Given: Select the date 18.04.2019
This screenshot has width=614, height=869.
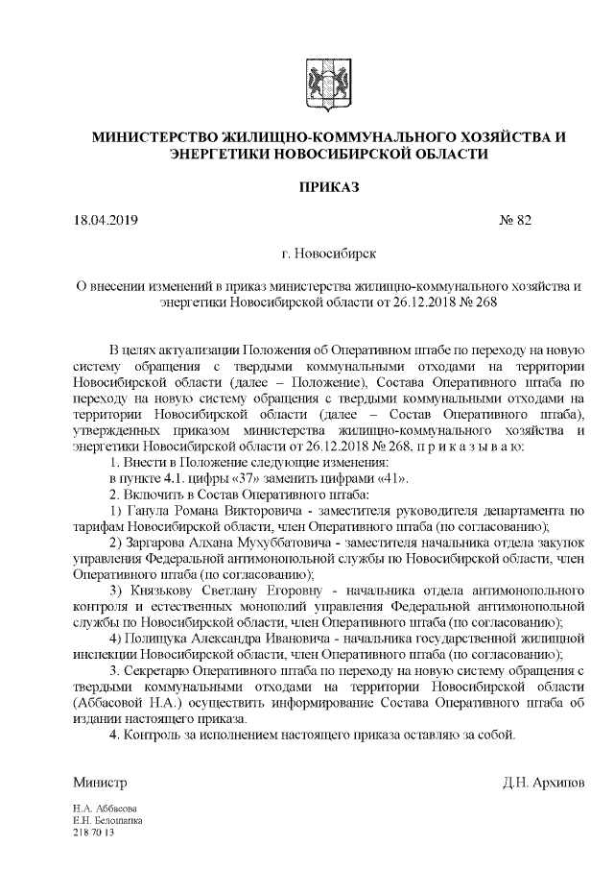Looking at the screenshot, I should (x=106, y=221).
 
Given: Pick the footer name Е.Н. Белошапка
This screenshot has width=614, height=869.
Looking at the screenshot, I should (x=107, y=822).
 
